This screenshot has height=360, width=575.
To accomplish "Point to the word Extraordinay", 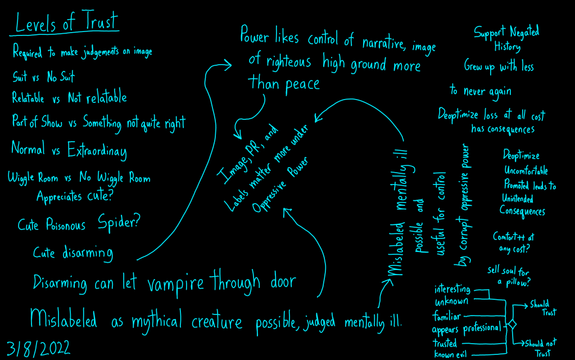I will (97, 151).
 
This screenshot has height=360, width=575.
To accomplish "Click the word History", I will (508, 47).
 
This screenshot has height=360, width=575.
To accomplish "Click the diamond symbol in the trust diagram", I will (511, 325).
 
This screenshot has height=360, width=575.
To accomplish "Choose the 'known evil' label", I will (452, 354).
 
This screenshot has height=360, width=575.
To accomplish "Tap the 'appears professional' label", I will (465, 328).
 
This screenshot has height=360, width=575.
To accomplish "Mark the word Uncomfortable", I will (526, 170).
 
